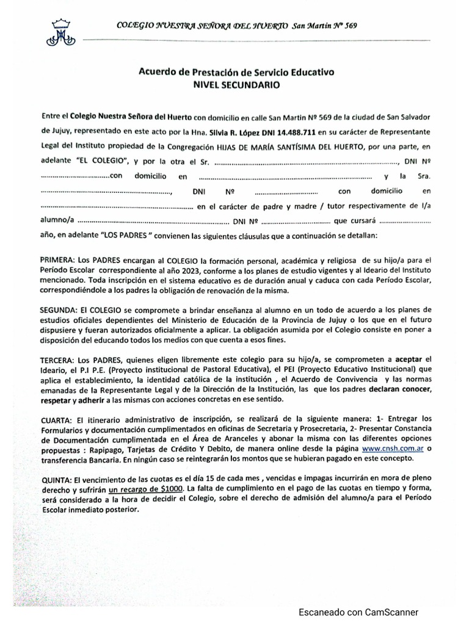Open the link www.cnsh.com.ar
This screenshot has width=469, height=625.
tap(394, 449)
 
